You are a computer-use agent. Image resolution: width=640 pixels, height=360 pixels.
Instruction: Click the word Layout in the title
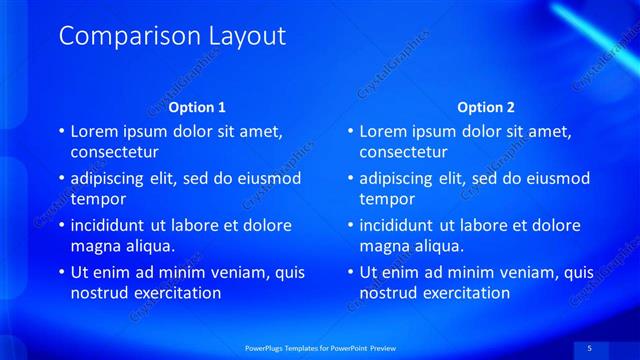click(x=246, y=37)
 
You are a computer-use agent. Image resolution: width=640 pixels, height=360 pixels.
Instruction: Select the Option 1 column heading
click(x=197, y=107)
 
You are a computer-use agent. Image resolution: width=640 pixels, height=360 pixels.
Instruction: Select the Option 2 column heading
click(x=487, y=107)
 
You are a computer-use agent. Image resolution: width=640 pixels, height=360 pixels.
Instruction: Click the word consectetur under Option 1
click(x=114, y=153)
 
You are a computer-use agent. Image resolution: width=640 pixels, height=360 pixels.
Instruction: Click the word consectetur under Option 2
click(x=404, y=153)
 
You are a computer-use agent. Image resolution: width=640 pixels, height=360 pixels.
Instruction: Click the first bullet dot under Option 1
click(x=62, y=132)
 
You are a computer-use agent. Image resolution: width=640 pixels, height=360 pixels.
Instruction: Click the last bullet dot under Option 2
click(x=352, y=272)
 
